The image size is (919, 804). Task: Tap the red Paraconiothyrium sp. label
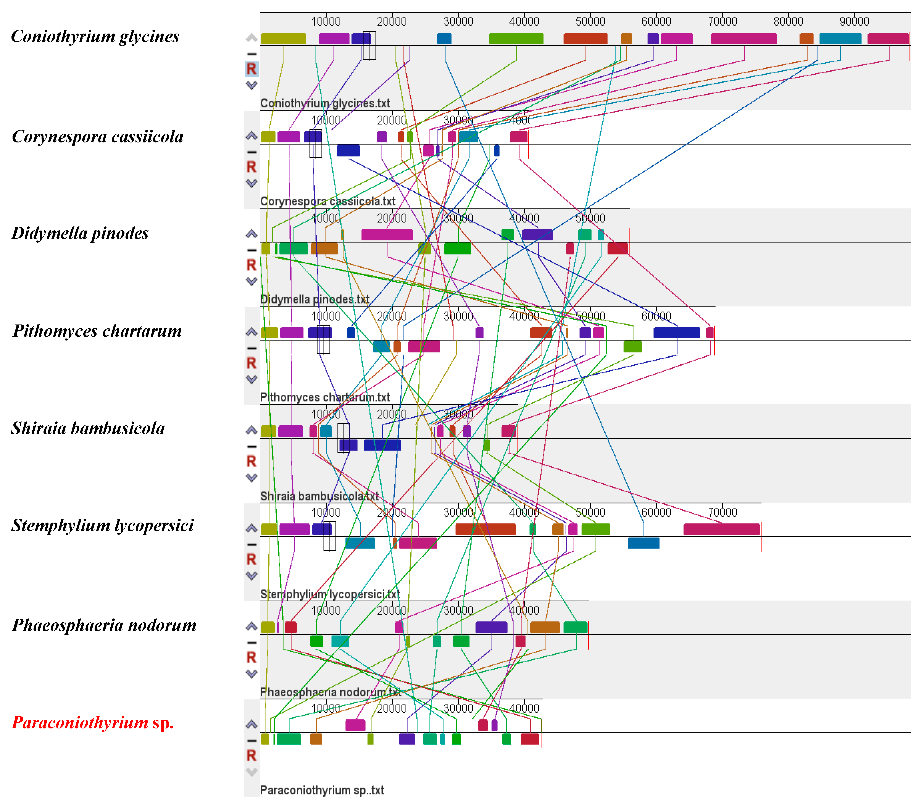tap(92, 723)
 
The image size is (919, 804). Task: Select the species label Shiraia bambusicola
tap(88, 428)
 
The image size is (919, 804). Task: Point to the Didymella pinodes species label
tap(80, 233)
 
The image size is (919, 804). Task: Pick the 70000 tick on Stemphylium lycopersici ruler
tap(722, 512)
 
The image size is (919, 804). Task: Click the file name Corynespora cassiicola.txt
tap(327, 202)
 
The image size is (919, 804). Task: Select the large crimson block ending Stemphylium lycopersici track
tap(721, 530)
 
